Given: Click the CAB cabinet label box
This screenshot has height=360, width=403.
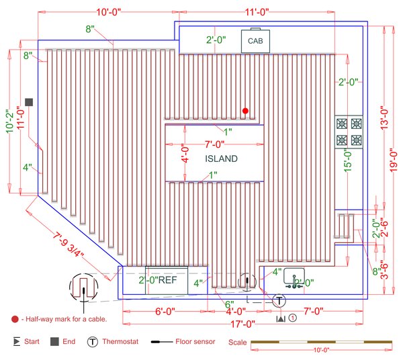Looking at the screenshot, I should [255, 41].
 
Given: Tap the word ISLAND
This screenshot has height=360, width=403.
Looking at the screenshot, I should [221, 159].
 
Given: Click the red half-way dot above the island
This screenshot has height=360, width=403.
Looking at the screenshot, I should [246, 110].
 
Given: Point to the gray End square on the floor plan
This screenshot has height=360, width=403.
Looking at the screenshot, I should [29, 101].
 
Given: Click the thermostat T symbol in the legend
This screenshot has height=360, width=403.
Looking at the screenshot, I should [94, 342].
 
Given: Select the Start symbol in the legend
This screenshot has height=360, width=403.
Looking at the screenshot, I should [16, 342].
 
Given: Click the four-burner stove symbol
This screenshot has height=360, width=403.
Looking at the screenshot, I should [349, 132].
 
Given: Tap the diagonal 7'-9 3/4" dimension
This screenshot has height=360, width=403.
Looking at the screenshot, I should [70, 244].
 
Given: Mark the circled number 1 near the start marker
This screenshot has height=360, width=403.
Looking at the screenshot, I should [292, 318].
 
